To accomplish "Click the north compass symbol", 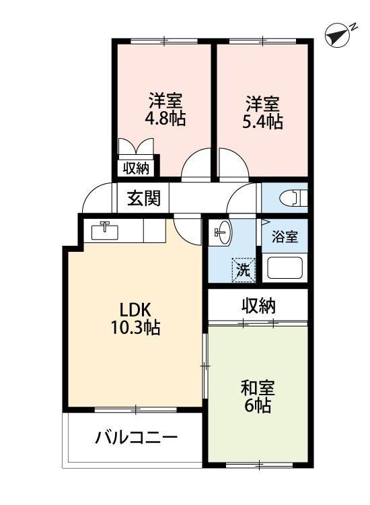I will pyautogui.click(x=339, y=36).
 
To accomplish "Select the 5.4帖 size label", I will pyautogui.click(x=263, y=121).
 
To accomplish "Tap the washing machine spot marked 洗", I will pyautogui.click(x=244, y=270).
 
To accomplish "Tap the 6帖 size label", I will pyautogui.click(x=258, y=407).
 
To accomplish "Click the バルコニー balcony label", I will pyautogui.click(x=136, y=438).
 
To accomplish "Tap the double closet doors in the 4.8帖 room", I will pyautogui.click(x=137, y=147).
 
